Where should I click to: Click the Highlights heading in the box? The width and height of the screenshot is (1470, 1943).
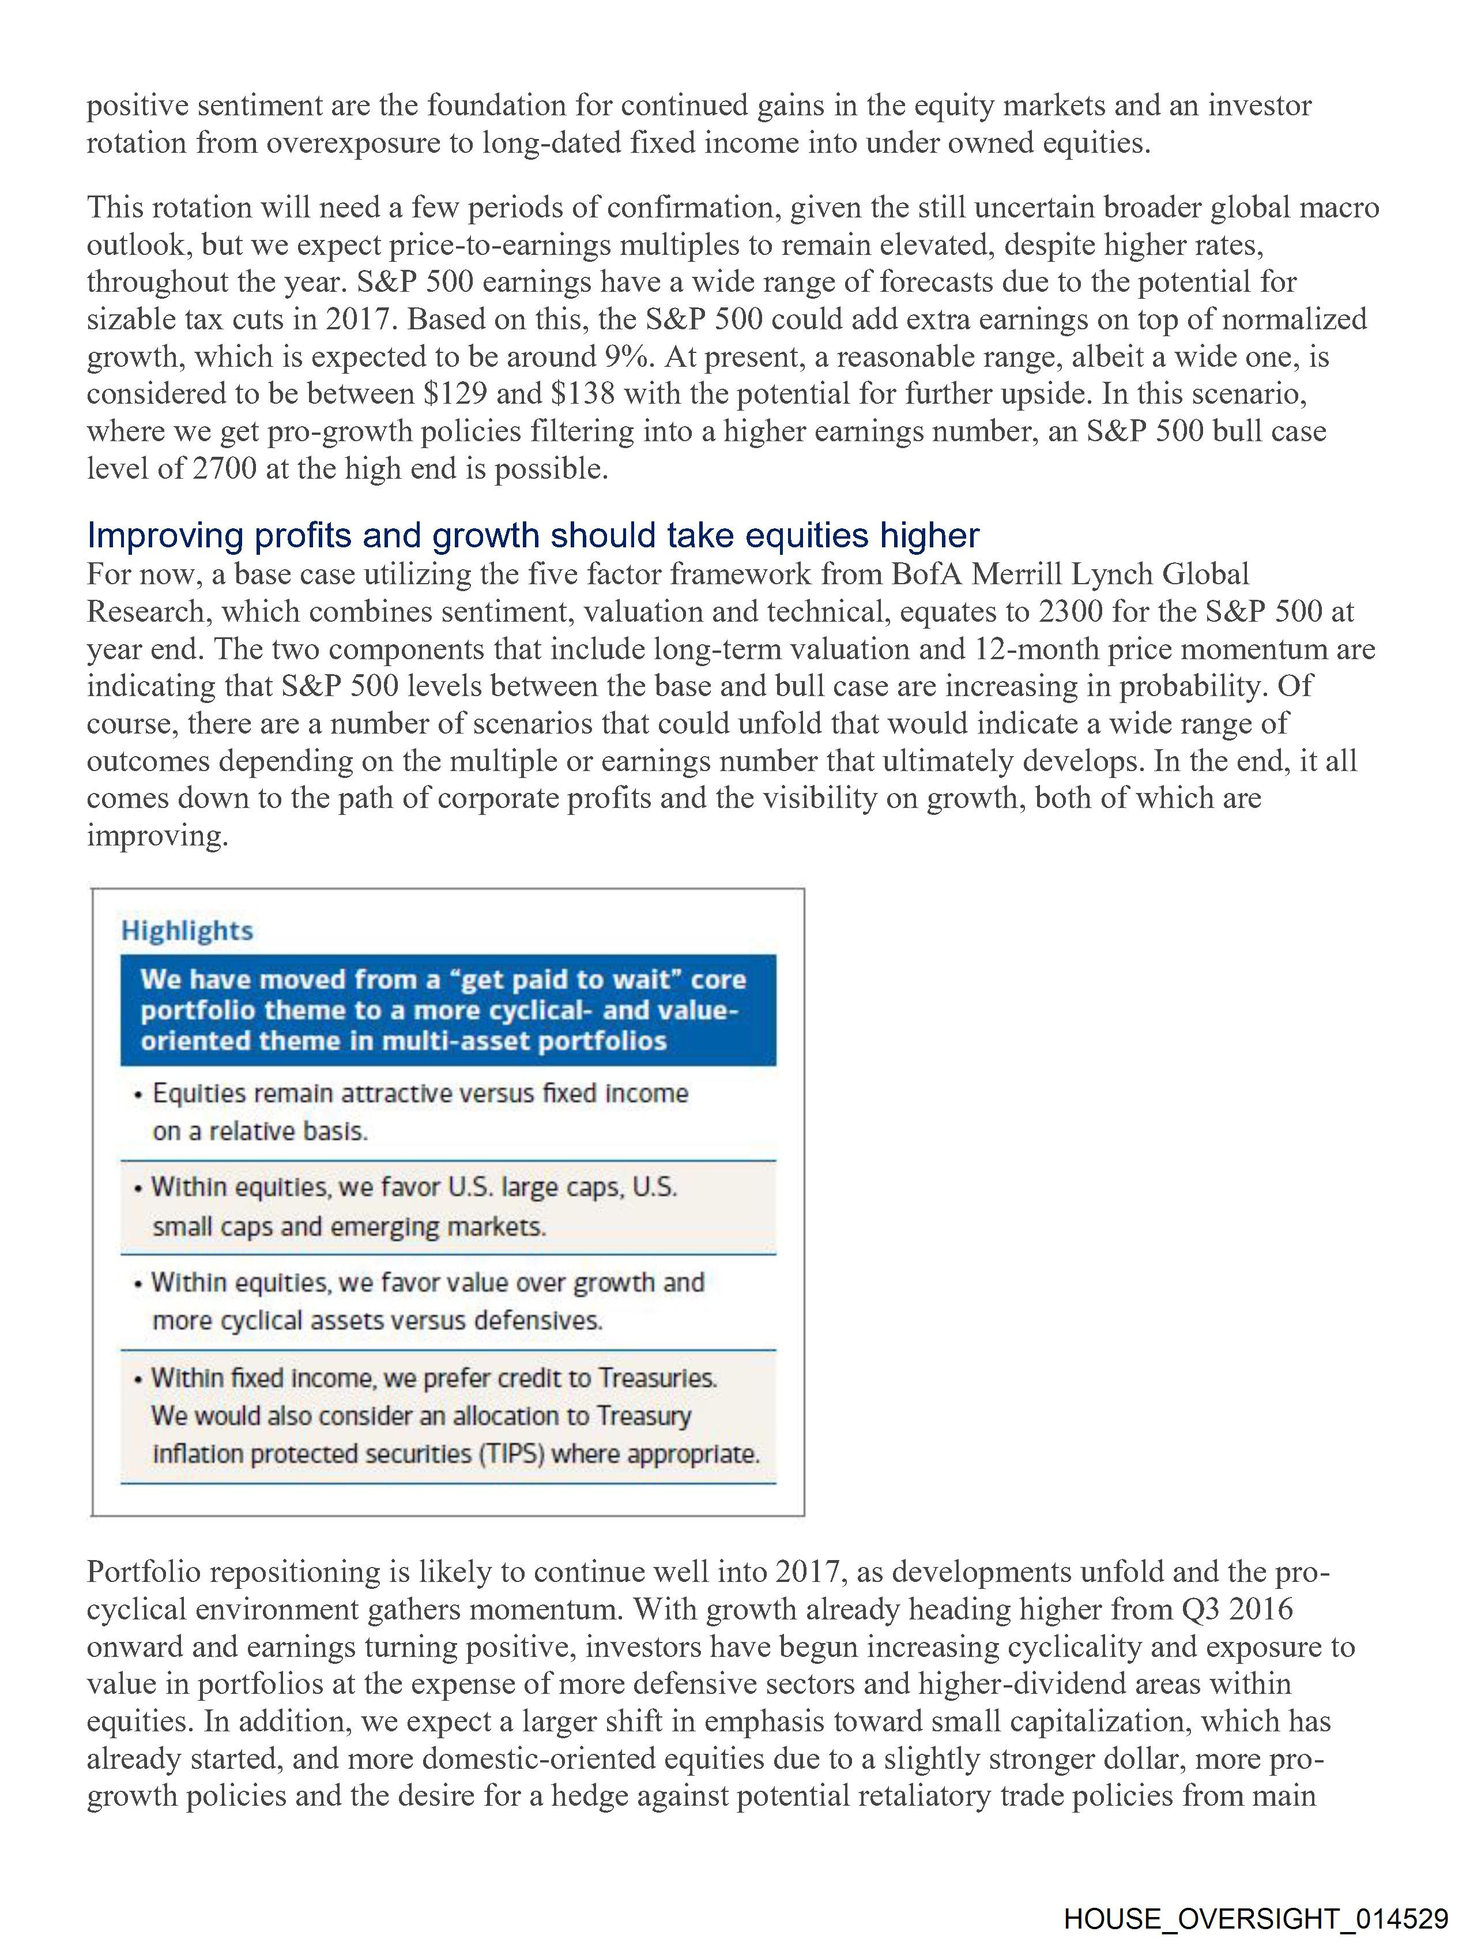coord(187,931)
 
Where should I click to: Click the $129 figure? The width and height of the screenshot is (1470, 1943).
coord(455,393)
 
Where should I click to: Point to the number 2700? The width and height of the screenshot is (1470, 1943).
coord(225,469)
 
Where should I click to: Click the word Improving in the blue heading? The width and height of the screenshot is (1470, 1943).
coord(167,535)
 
